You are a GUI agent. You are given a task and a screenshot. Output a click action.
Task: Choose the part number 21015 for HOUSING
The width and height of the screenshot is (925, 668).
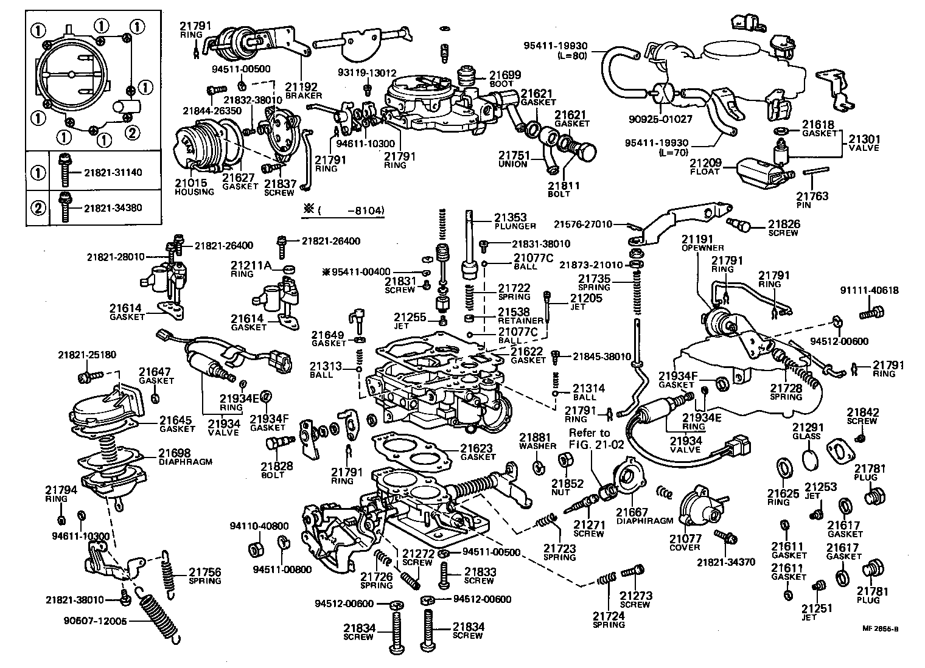(x=190, y=183)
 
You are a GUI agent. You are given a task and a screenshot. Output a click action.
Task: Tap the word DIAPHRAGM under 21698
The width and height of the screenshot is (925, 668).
(x=185, y=462)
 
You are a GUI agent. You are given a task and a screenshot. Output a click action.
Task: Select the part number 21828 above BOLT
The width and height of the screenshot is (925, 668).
(x=277, y=467)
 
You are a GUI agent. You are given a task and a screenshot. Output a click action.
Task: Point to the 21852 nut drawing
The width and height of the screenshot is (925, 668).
(x=564, y=465)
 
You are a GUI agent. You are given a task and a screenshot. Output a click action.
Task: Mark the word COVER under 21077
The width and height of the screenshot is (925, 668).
(x=685, y=547)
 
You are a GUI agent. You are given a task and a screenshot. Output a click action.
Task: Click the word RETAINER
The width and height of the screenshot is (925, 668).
(x=520, y=321)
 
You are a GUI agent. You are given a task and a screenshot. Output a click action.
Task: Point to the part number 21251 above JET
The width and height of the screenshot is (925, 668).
(x=816, y=608)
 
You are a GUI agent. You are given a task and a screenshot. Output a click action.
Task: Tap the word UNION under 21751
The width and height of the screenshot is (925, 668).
(x=512, y=164)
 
